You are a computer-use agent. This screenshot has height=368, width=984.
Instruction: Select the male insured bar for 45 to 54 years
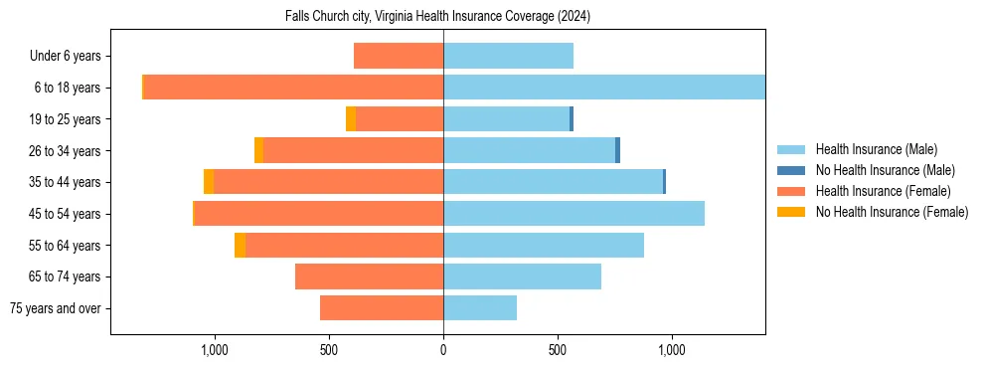point(574,214)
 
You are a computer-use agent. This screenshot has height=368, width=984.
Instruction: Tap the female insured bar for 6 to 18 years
point(293,88)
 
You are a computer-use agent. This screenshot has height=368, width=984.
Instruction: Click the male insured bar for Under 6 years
point(508,57)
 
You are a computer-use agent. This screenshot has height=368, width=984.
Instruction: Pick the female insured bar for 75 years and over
point(382,308)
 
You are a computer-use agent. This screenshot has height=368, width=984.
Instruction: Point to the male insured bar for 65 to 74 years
point(522,276)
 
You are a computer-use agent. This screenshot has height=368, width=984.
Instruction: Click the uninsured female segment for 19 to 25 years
point(351,119)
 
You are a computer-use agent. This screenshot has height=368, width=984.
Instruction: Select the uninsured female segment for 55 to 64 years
point(240,246)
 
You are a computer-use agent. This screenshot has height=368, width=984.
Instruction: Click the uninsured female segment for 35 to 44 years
point(209,182)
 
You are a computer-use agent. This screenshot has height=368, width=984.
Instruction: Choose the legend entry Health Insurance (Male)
point(876,149)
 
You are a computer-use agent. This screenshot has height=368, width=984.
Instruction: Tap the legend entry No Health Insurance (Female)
point(892,212)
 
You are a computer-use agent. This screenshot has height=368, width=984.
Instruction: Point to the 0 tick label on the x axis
point(443,350)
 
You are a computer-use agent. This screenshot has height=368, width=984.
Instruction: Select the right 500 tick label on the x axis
point(558,350)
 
